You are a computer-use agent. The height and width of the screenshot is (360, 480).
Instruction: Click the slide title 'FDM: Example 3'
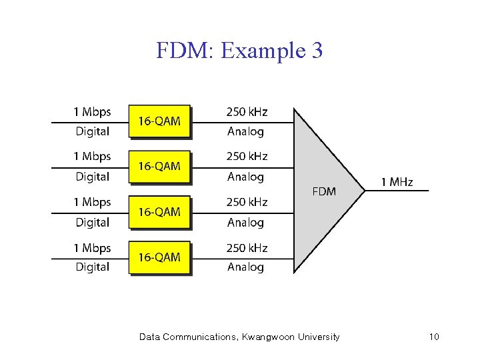coord(239,50)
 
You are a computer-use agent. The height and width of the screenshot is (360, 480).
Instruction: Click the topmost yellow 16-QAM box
coord(159,121)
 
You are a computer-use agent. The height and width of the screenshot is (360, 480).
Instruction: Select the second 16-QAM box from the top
coord(159,167)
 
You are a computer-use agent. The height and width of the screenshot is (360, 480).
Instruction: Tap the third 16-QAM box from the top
coord(159,212)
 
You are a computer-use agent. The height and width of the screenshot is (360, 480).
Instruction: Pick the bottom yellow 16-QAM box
coord(159,257)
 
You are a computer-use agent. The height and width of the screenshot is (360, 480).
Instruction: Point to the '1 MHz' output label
coord(397,182)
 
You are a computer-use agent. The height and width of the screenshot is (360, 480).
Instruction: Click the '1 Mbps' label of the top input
coord(92,112)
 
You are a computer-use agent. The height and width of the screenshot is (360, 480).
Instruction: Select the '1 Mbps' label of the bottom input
coord(92,248)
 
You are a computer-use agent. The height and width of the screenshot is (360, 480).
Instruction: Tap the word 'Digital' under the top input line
coord(92,131)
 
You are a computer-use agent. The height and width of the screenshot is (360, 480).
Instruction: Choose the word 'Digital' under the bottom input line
coord(92,267)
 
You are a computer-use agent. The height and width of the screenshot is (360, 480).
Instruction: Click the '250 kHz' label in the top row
coord(247,112)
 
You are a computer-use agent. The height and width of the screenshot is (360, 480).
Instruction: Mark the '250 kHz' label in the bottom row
coord(247,248)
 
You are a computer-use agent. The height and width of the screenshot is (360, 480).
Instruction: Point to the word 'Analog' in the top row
coord(245,131)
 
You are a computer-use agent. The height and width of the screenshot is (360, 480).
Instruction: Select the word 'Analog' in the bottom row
coord(245,267)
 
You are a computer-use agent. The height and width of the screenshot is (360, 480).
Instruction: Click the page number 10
coord(434,337)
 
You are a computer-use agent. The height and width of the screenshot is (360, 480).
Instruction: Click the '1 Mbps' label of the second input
coord(92,157)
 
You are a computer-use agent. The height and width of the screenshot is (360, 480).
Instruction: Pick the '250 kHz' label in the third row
coord(247,202)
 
